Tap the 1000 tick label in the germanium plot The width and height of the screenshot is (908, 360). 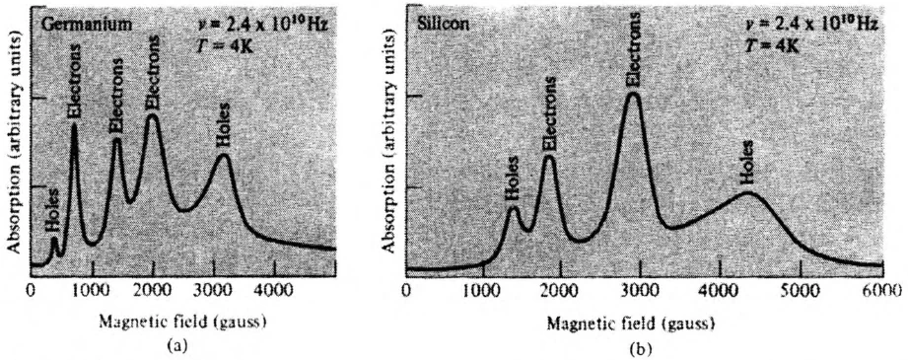click(x=92, y=290)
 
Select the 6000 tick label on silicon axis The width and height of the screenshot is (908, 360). click(x=883, y=290)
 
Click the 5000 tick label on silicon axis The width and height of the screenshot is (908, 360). click(x=800, y=290)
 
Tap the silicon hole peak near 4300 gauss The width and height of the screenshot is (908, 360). click(x=748, y=194)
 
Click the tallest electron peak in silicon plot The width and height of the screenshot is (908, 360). click(x=632, y=95)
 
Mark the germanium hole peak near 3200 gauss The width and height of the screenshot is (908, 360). click(x=223, y=156)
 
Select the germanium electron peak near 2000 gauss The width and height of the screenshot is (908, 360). click(x=152, y=116)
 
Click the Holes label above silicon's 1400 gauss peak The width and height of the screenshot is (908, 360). click(x=513, y=180)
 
